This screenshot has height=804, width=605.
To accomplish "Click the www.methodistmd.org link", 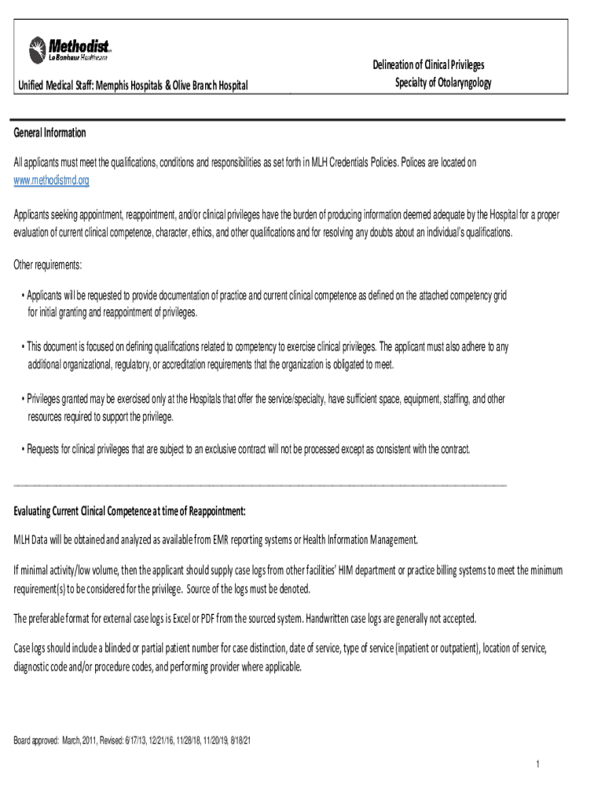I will point(52,181).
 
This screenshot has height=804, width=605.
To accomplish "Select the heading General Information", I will point(49,133).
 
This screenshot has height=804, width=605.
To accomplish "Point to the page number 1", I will point(535,766).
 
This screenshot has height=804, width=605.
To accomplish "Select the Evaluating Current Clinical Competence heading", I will point(130,512).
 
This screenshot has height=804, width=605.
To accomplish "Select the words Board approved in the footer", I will point(36,740).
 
